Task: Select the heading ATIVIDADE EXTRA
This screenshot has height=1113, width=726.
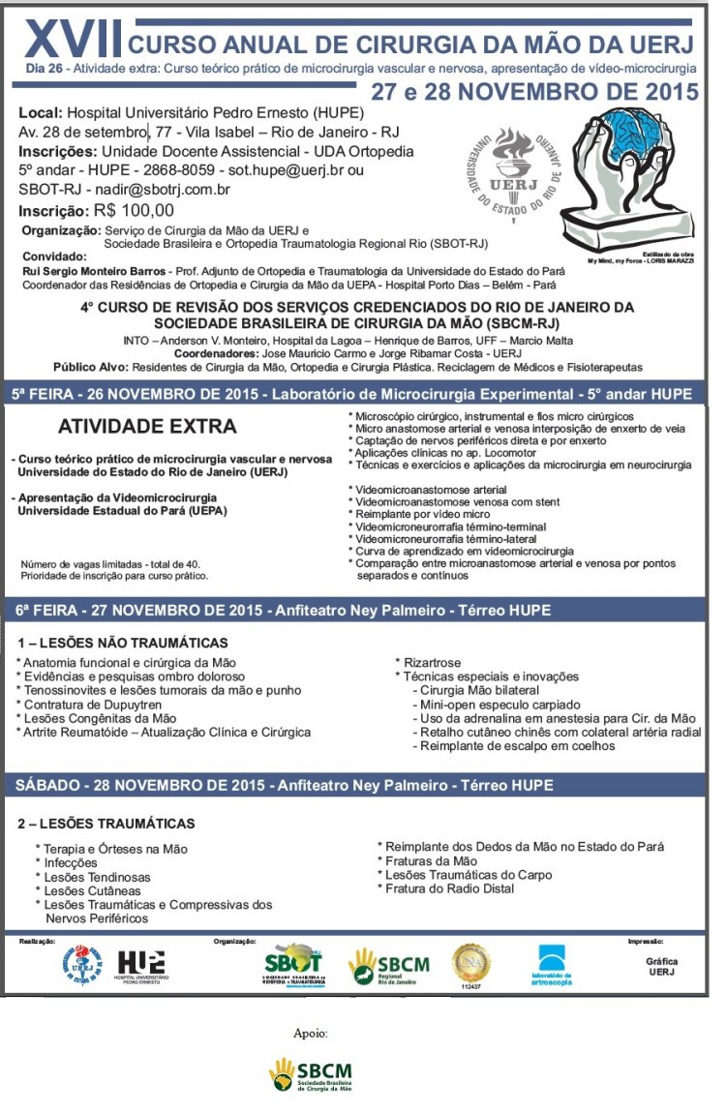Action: coord(147,426)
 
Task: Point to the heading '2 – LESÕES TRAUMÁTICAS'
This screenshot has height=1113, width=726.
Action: coord(106,824)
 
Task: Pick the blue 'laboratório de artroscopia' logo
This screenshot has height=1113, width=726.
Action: coord(554,966)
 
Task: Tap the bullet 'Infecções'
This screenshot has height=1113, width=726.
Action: coord(70,862)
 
